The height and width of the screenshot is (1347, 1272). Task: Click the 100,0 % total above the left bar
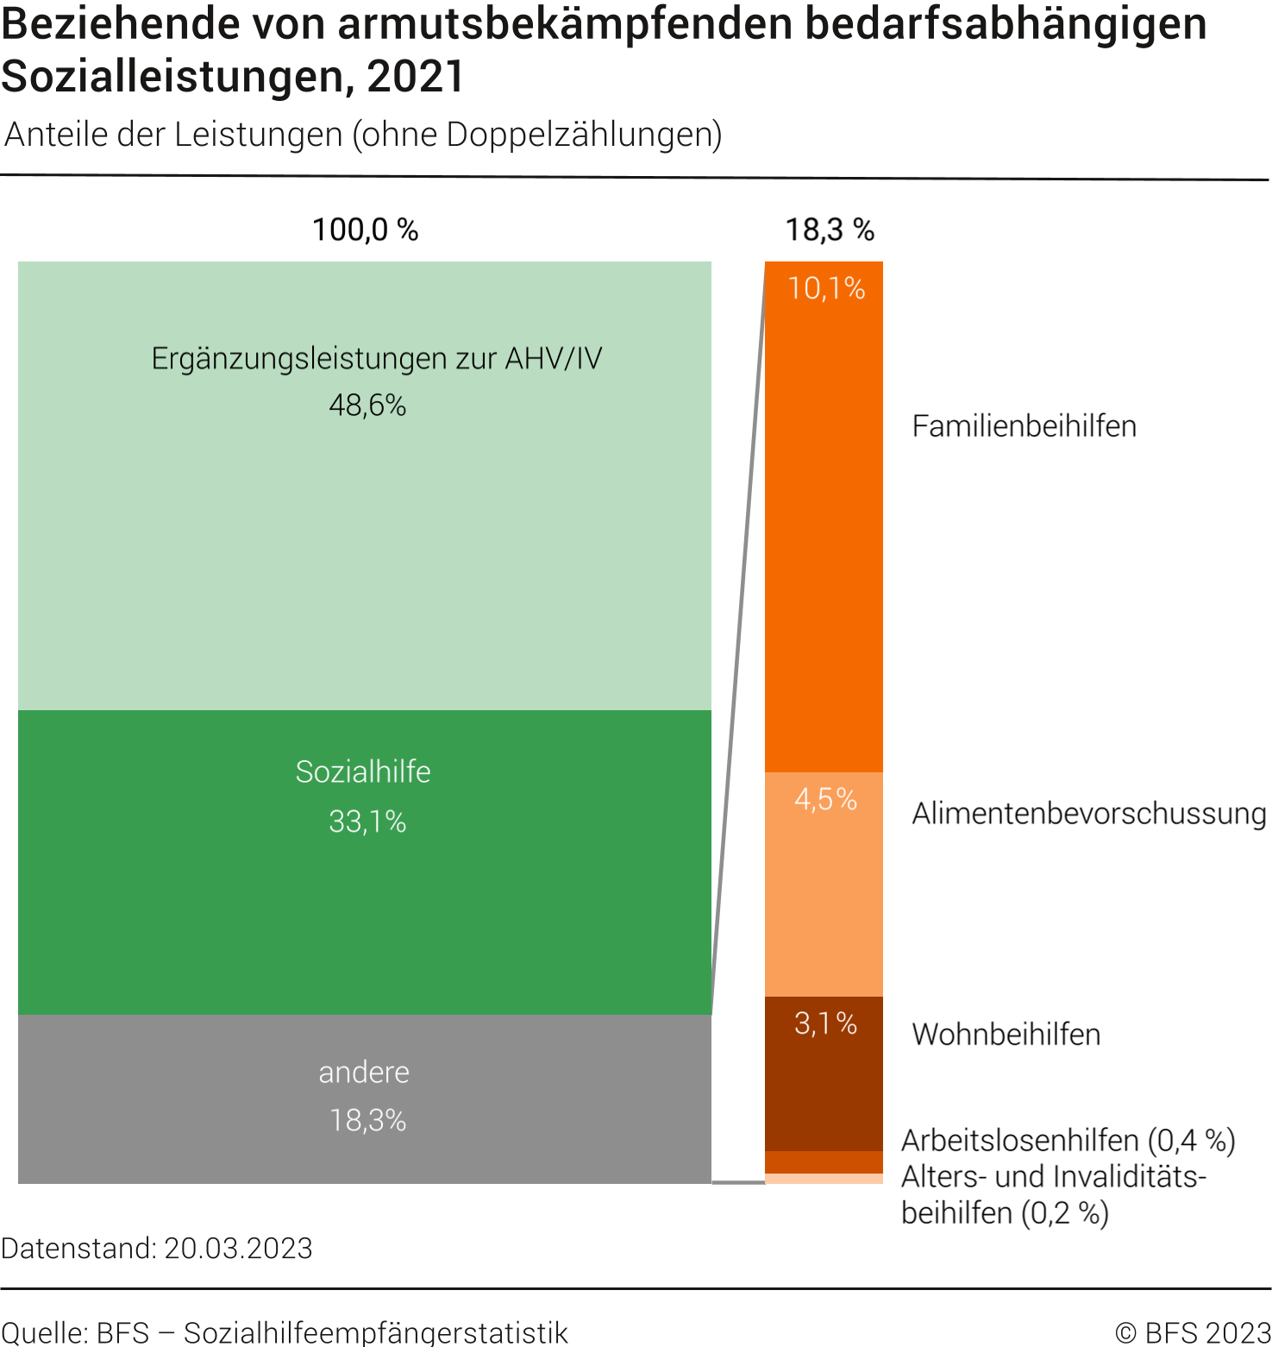click(365, 230)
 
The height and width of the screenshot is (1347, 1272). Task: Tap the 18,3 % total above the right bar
click(829, 230)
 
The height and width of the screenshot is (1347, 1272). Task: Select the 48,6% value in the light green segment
click(367, 405)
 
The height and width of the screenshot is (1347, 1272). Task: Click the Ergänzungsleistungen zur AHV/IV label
click(376, 358)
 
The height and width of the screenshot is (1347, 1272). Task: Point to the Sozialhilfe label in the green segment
click(363, 771)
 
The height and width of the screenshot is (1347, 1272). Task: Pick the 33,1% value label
click(367, 821)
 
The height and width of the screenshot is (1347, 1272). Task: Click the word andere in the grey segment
click(364, 1072)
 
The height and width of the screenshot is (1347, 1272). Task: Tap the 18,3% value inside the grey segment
click(367, 1120)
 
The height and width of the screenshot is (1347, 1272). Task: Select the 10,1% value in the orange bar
click(826, 288)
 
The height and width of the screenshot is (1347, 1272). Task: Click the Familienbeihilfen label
click(1024, 426)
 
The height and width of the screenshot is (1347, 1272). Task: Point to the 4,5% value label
click(825, 799)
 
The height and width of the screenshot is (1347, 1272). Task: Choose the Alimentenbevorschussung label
click(1088, 814)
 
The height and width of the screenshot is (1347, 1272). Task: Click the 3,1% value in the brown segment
click(825, 1023)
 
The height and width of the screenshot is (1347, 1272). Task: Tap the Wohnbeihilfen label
click(1006, 1034)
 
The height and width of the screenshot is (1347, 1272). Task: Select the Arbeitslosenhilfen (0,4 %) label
click(1068, 1141)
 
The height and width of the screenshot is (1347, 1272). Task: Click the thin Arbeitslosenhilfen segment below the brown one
click(824, 1162)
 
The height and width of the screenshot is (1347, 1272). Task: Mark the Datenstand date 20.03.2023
click(238, 1249)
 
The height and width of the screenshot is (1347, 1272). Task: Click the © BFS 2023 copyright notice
click(1193, 1332)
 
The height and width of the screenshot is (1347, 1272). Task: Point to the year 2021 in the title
click(416, 76)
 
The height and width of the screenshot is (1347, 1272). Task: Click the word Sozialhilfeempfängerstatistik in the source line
click(376, 1332)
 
